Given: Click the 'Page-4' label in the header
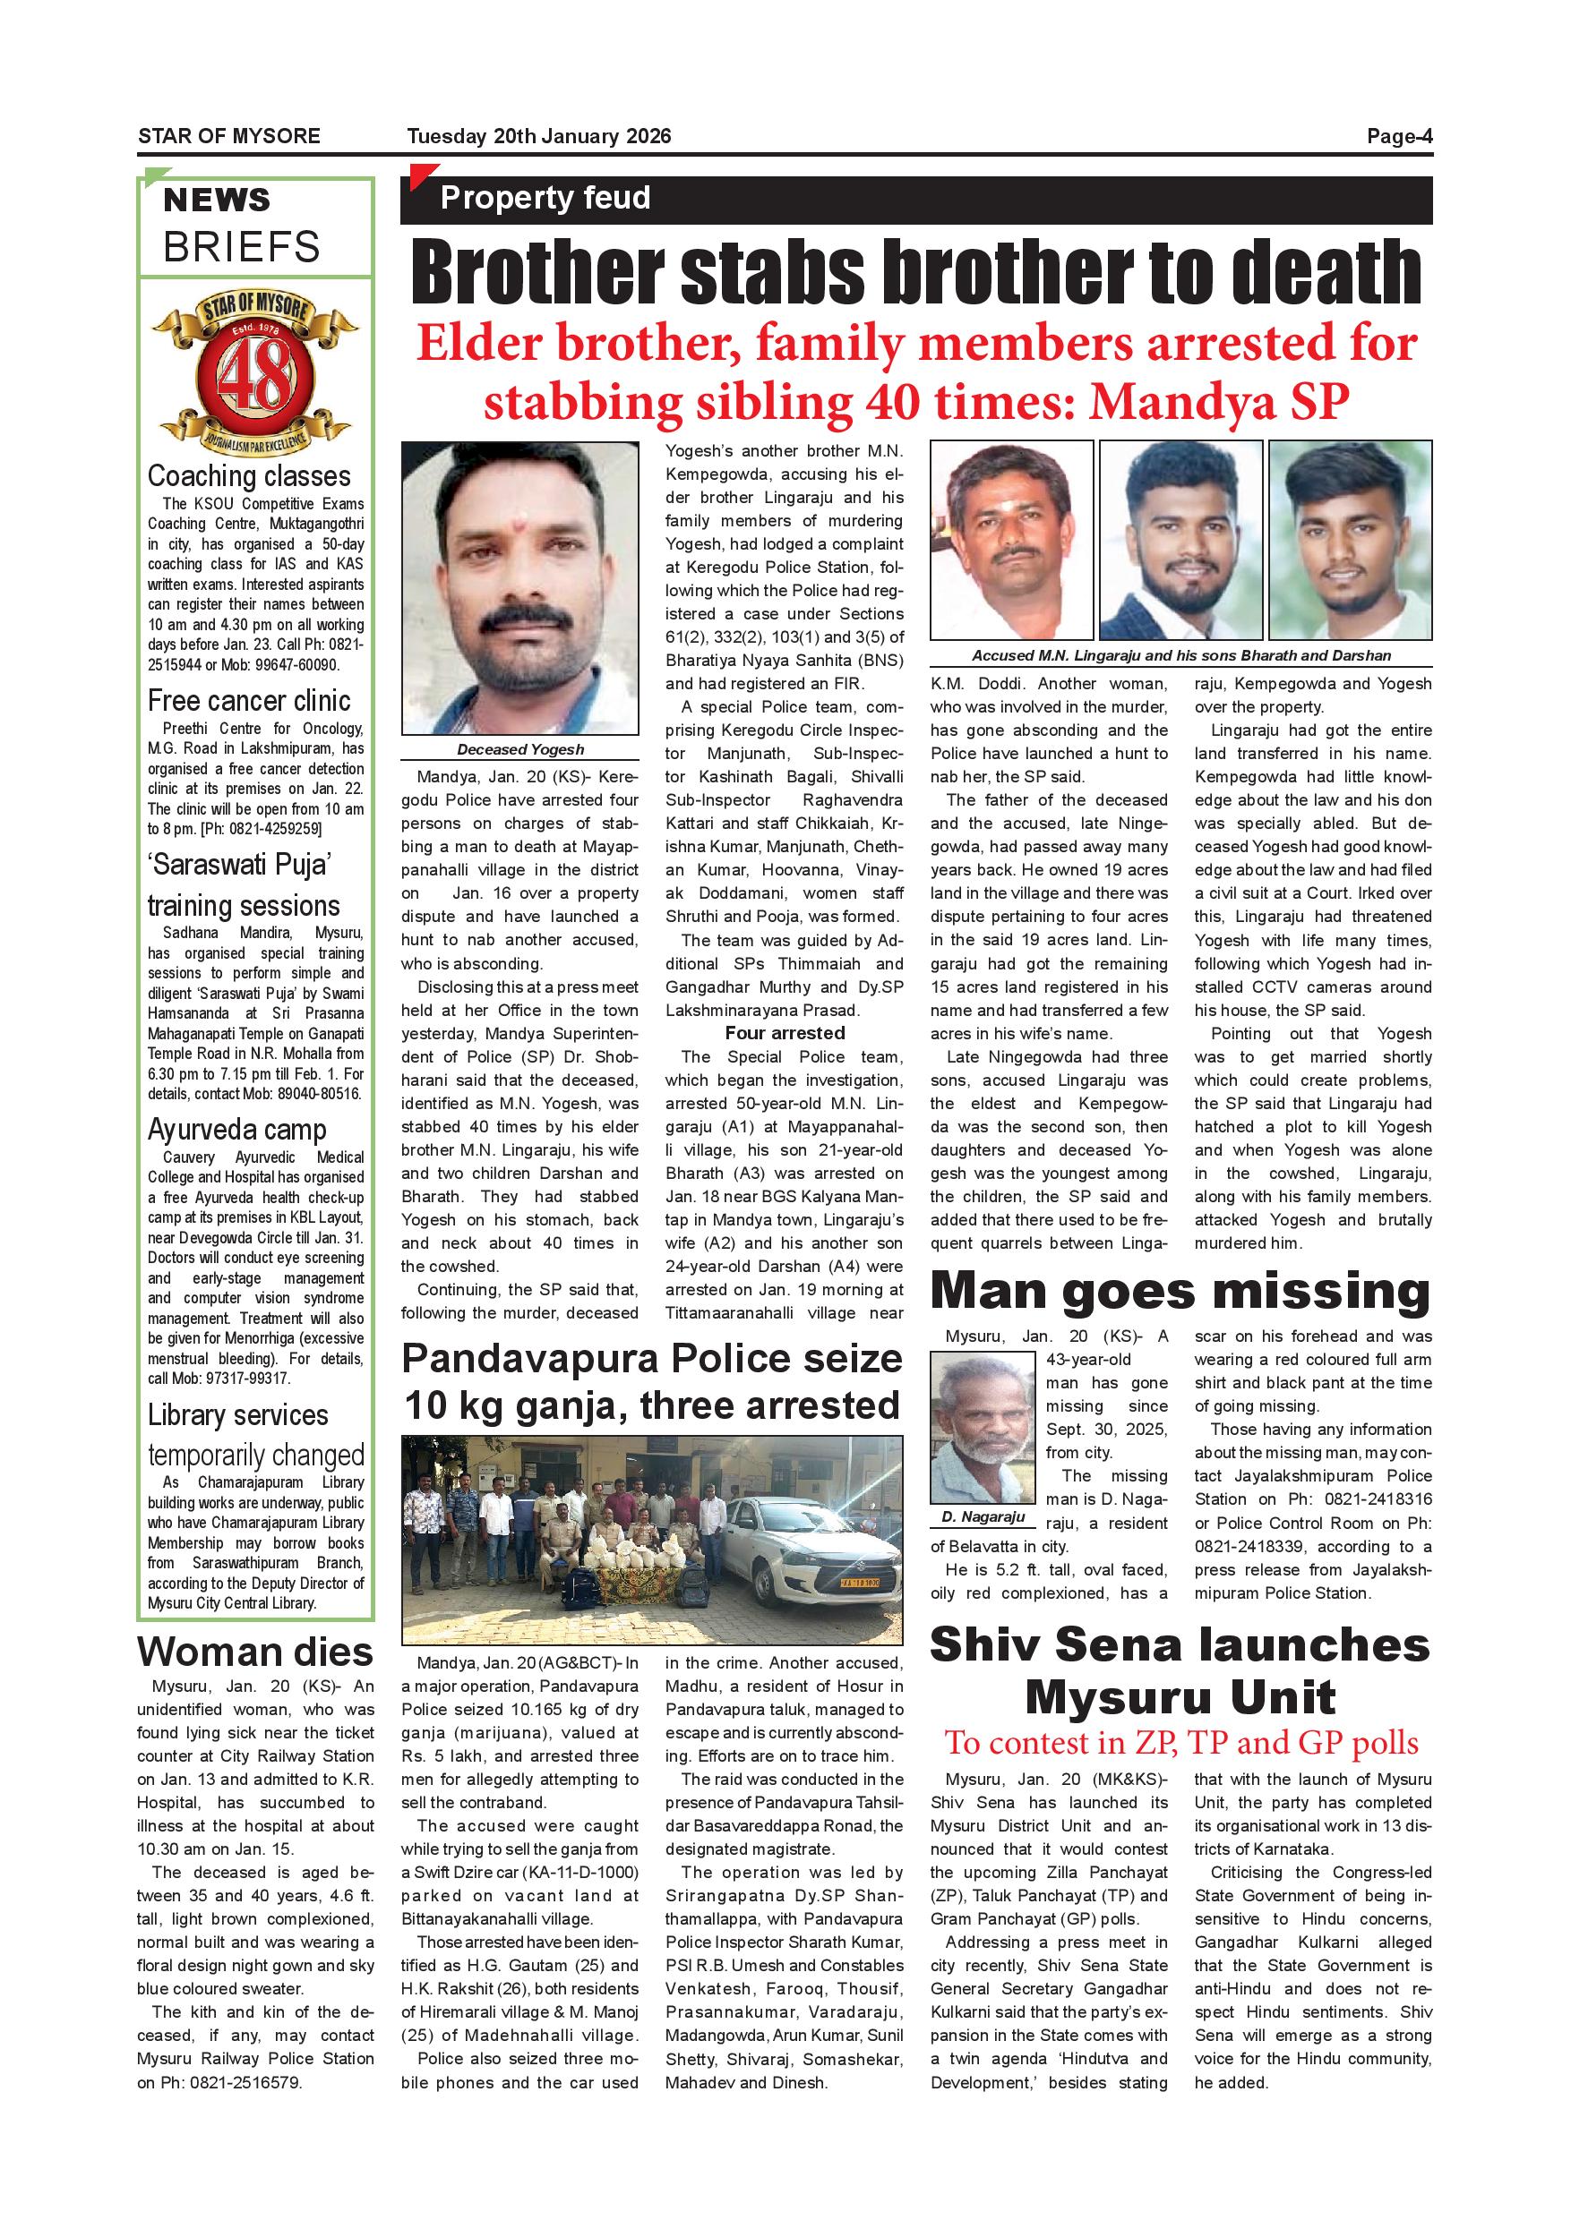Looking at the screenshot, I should [x=1398, y=136].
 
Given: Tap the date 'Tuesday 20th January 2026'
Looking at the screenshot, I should [x=539, y=136].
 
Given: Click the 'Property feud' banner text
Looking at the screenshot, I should [x=545, y=198].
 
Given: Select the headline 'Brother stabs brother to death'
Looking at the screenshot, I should [x=915, y=273].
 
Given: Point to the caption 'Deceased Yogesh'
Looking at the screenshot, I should [x=520, y=749].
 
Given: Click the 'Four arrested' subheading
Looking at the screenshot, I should [x=785, y=1034].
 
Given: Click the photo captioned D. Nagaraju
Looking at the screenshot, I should [x=983, y=1427].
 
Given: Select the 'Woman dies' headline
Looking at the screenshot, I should [x=255, y=1652].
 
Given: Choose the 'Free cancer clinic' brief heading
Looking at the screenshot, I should [x=249, y=701].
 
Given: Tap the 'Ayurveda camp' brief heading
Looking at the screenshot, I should [x=237, y=1130].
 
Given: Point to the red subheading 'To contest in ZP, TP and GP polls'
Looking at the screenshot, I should [x=1181, y=1743].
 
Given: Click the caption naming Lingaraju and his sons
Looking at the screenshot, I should [x=1181, y=655].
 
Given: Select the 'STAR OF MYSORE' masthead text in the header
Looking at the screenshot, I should [x=229, y=136].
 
